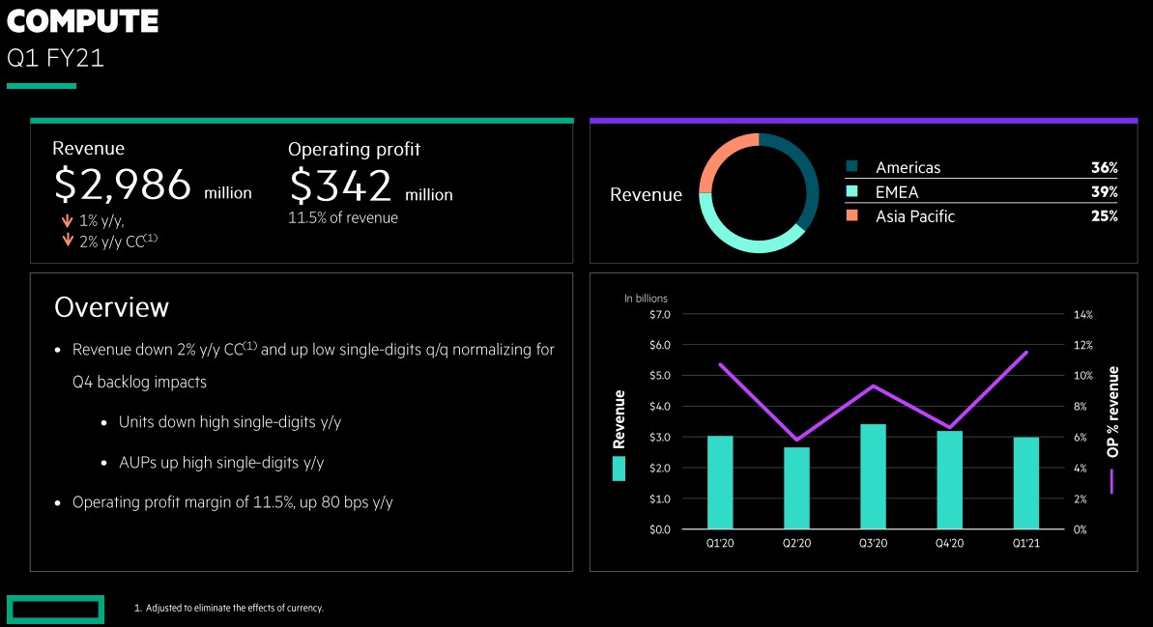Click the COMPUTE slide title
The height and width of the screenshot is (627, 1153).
pos(82,21)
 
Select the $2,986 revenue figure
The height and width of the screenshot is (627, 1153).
pos(122,185)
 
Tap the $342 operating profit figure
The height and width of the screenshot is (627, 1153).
pos(340,185)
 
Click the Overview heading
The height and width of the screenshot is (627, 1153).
pos(111,307)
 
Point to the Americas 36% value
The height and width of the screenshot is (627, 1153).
pos(1104,168)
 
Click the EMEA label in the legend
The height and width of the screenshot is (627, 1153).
pos(897,192)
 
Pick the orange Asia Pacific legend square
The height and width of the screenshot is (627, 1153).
pos(851,216)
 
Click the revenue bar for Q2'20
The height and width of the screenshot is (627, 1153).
pos(796,488)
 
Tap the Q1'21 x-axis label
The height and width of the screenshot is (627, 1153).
pos(1026,544)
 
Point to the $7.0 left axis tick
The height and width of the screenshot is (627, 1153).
pos(659,315)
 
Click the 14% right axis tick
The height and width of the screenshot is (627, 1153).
pos(1082,315)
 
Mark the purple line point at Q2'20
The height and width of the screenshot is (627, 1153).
pos(796,440)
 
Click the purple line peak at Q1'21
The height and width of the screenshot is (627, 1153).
pos(1026,353)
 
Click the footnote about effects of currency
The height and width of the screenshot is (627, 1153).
pos(228,609)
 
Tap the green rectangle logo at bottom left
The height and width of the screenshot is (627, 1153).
pos(55,610)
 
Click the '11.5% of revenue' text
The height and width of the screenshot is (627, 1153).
pos(343,218)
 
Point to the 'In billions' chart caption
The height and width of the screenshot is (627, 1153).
pos(646,299)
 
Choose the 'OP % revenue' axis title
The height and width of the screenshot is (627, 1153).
pos(1112,412)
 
